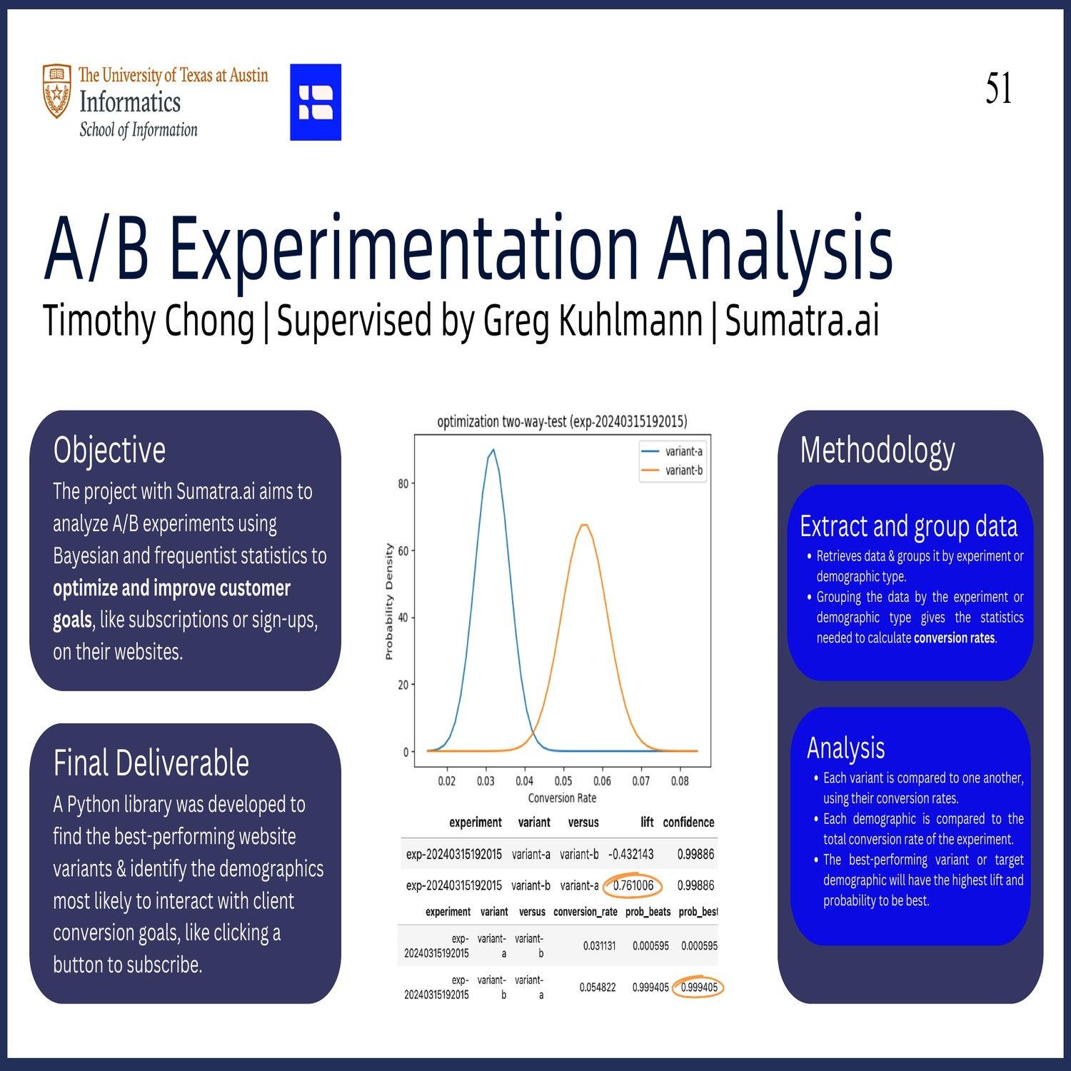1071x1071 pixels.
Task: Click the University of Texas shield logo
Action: click(x=57, y=91)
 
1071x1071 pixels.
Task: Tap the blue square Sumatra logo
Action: click(x=315, y=102)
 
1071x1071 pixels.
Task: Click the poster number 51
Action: click(x=998, y=89)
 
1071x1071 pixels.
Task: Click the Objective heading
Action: click(x=109, y=450)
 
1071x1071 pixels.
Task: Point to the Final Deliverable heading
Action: click(x=151, y=763)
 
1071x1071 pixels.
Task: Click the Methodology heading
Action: click(x=877, y=450)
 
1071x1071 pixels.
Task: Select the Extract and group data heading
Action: click(x=908, y=526)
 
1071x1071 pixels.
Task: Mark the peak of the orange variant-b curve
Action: click(x=584, y=525)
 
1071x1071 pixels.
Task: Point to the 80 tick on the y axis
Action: click(x=403, y=483)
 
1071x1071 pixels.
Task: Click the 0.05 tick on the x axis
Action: click(x=563, y=781)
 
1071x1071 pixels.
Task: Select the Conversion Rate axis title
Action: click(x=562, y=798)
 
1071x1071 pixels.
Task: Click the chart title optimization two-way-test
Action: click(x=562, y=422)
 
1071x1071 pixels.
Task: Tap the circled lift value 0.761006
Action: click(x=633, y=885)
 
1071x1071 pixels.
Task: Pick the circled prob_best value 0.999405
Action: click(x=699, y=987)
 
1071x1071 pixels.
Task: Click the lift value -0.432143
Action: click(x=630, y=854)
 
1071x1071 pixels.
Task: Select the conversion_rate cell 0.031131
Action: click(x=599, y=945)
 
